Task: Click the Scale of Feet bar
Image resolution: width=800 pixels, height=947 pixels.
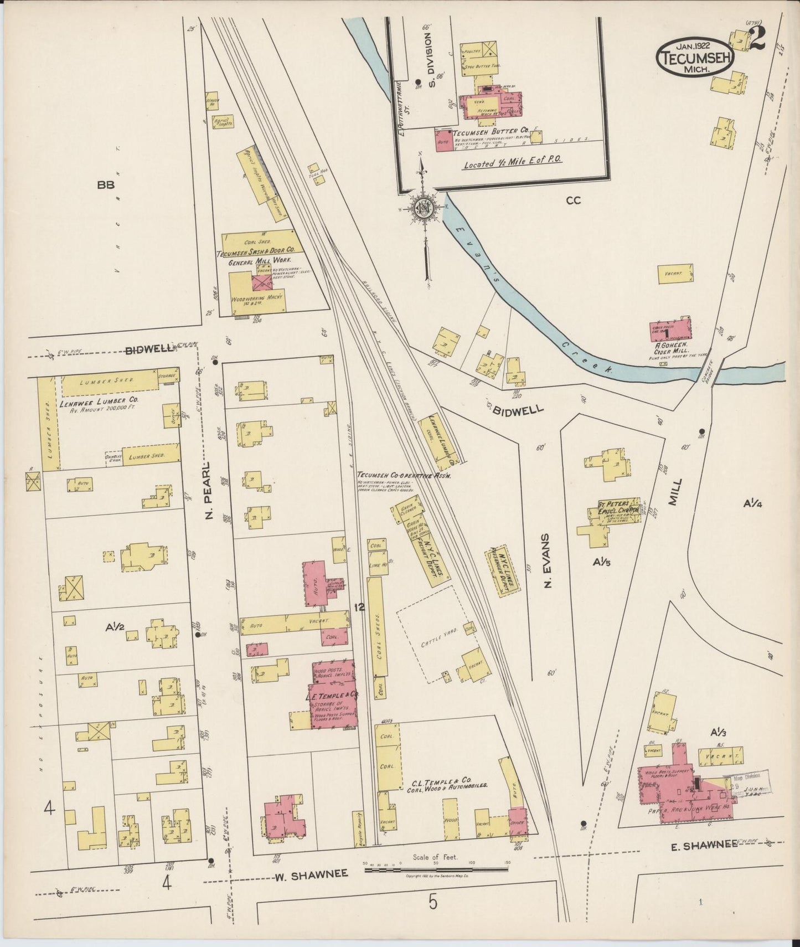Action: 436,869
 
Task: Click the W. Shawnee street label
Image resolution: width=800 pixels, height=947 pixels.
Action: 311,873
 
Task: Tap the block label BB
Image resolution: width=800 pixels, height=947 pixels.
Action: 105,185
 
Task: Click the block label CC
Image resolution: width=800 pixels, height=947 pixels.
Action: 573,200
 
